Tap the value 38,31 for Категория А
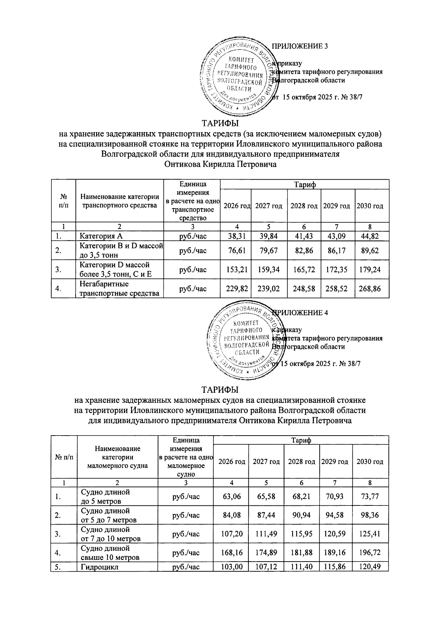235,236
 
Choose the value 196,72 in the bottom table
370,553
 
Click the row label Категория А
101,236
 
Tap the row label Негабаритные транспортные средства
119,289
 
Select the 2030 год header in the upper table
370,206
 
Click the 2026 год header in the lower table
230,462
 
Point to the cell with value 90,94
301,515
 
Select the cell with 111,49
266,534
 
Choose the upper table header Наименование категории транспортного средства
119,201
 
